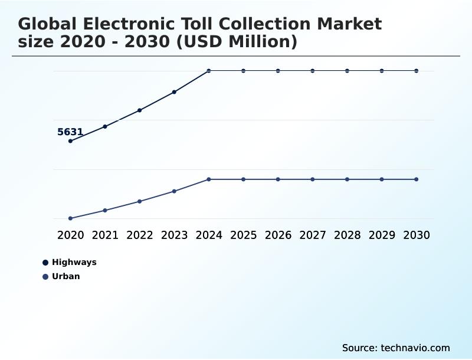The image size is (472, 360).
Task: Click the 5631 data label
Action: [x=70, y=132]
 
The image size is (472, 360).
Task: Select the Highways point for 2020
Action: [x=70, y=141]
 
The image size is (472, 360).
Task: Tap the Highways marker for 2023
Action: [x=174, y=92]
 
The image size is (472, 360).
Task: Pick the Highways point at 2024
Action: [x=209, y=71]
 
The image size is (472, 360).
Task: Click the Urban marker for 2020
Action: [x=70, y=218]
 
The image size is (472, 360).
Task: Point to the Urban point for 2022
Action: [x=140, y=201]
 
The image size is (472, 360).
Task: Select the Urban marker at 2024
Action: [x=209, y=179]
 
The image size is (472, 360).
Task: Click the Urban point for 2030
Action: [x=417, y=179]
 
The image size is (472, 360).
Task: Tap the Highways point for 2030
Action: [x=417, y=71]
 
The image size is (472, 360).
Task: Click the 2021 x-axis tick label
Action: [x=105, y=235]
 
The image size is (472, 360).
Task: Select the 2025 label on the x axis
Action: [x=243, y=235]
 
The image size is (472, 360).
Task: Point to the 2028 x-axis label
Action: [x=347, y=235]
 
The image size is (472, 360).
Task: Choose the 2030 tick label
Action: [x=417, y=235]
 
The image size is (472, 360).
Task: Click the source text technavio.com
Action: [x=414, y=348]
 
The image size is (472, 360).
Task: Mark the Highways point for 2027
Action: [x=313, y=71]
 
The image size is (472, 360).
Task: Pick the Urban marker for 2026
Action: [x=278, y=179]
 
